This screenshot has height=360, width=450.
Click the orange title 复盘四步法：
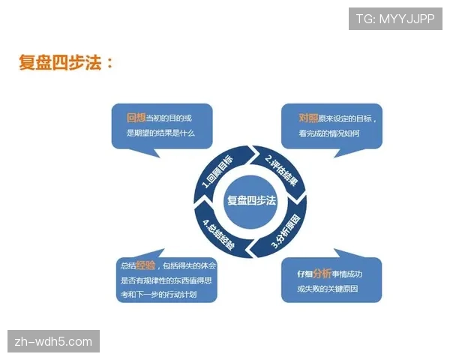(x=66, y=62)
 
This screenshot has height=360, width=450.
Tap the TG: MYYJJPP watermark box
(x=395, y=18)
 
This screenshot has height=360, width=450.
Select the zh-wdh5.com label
(x=54, y=342)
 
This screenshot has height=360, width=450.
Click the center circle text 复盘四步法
(x=251, y=200)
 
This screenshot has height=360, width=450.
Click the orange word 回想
(x=135, y=118)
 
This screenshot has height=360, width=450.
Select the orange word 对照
(x=308, y=118)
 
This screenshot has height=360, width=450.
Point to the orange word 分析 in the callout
(x=322, y=273)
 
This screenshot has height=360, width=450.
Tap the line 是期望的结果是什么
(x=160, y=134)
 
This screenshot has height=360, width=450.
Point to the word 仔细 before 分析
(x=304, y=274)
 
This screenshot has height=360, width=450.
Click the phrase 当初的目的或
(x=168, y=118)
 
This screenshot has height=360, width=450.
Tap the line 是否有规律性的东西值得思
(x=168, y=280)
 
